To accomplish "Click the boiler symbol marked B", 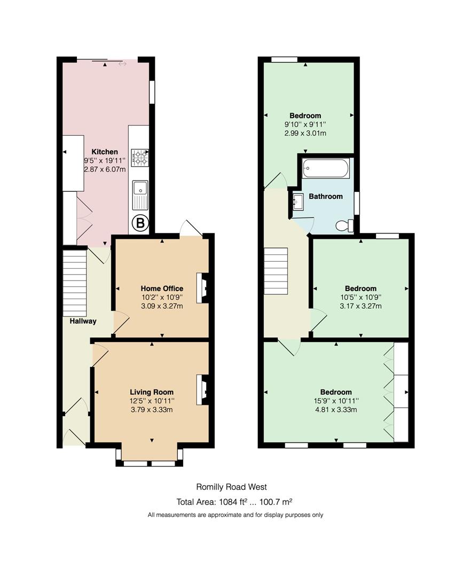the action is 140,223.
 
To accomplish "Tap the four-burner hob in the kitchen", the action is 140,157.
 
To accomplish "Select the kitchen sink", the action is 140,195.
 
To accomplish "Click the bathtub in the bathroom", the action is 325,168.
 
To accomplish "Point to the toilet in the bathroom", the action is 345,226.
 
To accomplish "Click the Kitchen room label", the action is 105,152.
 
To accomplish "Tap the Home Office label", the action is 162,288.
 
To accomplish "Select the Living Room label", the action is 152,392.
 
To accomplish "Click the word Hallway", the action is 83,321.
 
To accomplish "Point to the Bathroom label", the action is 326,197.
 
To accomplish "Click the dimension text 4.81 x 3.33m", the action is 336,410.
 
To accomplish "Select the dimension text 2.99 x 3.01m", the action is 305,133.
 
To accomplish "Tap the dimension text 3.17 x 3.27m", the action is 360,306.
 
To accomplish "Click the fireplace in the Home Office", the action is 202,288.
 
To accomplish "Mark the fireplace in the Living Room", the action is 202,389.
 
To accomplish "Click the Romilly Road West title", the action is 232,487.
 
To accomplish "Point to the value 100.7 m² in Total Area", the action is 276,502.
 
